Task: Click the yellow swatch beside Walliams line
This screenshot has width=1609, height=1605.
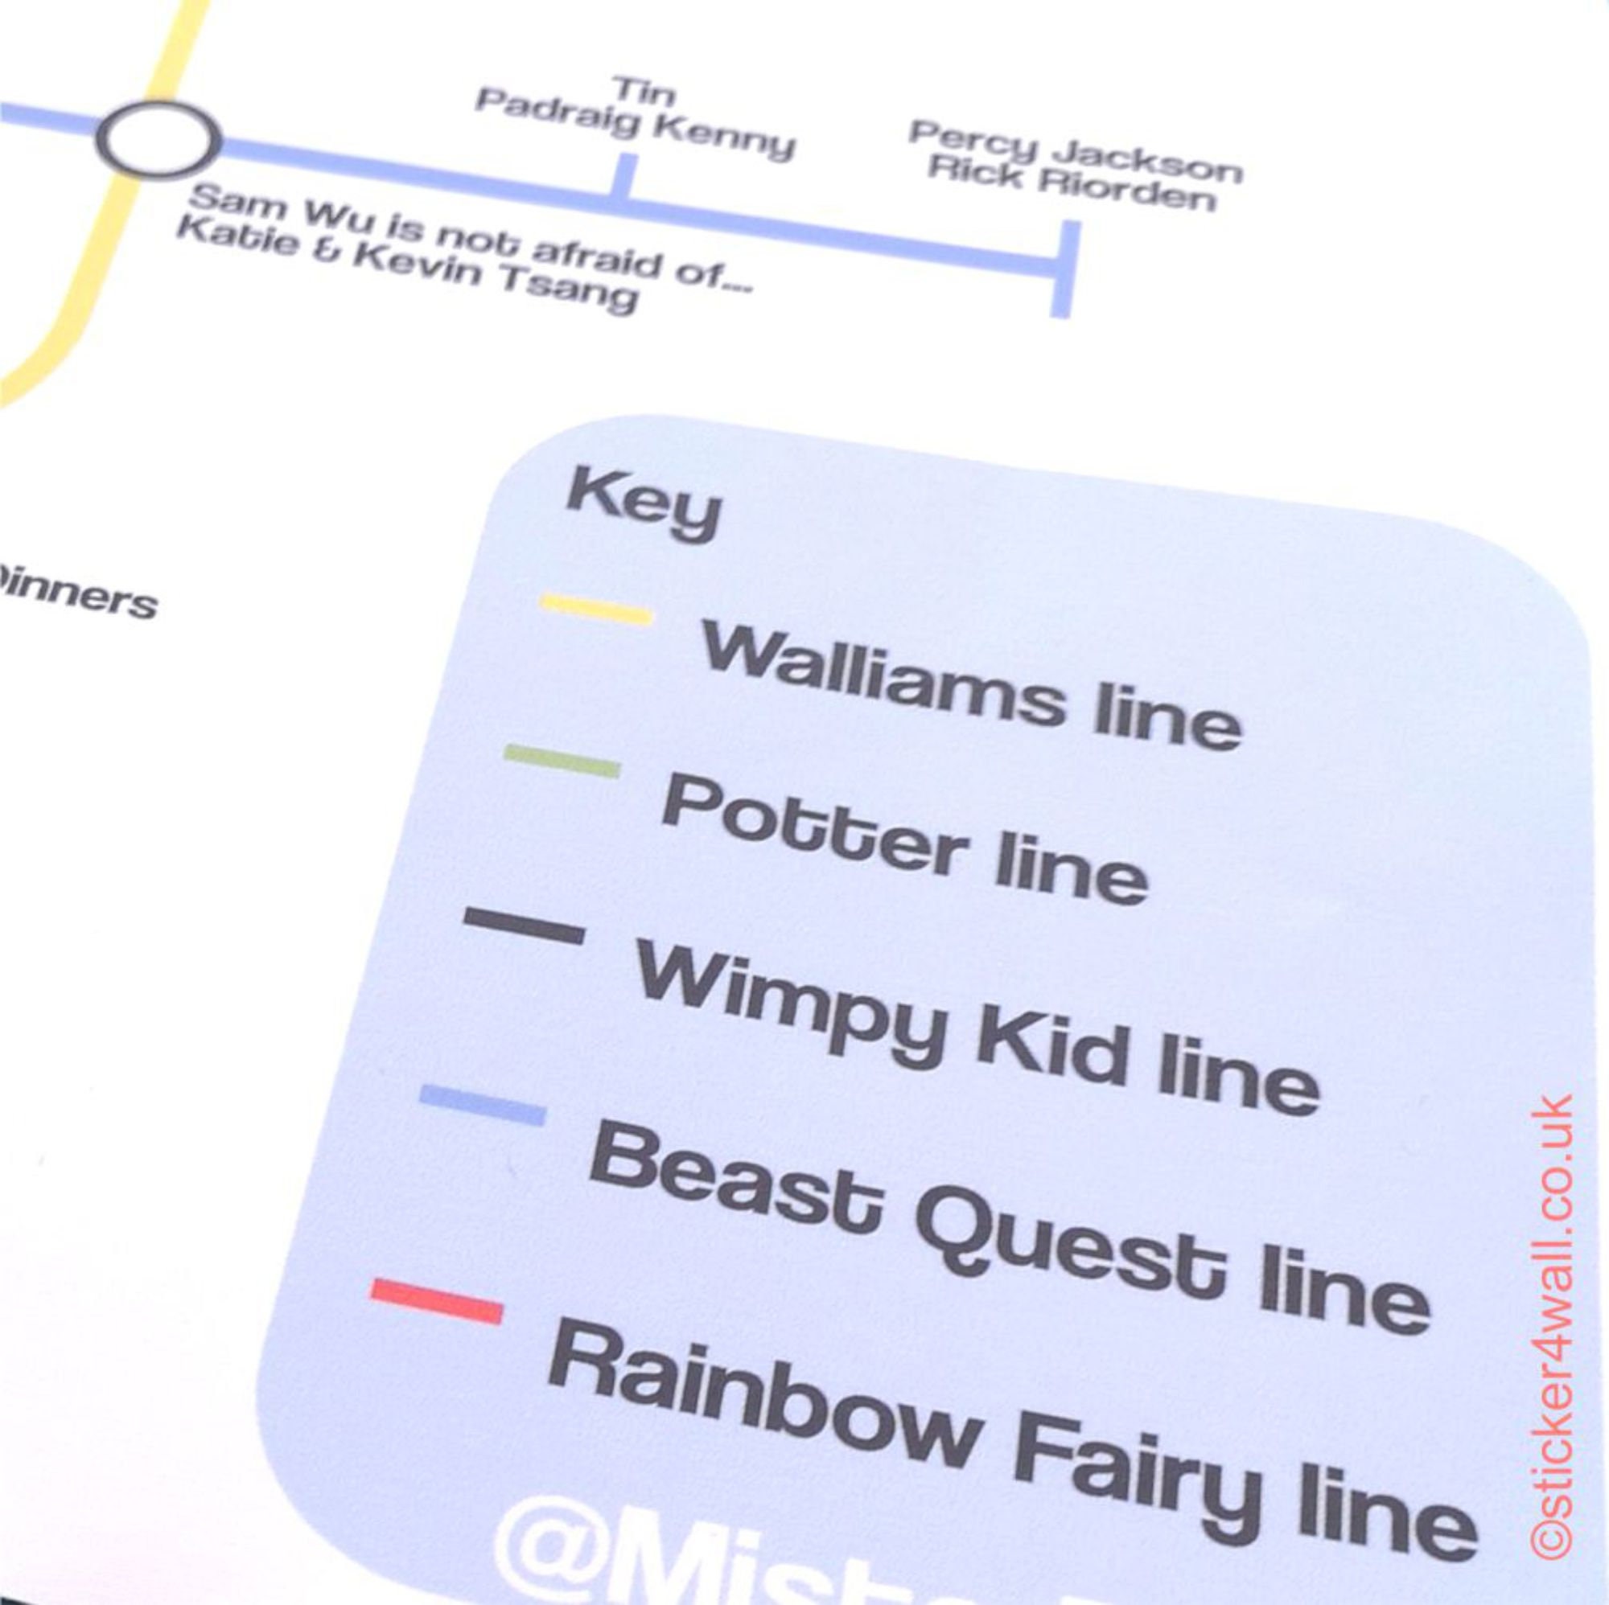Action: tap(596, 609)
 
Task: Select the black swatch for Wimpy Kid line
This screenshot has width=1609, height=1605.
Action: tap(524, 926)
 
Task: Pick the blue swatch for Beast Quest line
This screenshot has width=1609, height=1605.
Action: tap(482, 1105)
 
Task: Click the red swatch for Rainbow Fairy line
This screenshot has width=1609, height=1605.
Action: tap(436, 1302)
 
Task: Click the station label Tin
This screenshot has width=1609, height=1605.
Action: tap(644, 90)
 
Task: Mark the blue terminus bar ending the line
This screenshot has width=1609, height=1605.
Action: tap(1064, 268)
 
